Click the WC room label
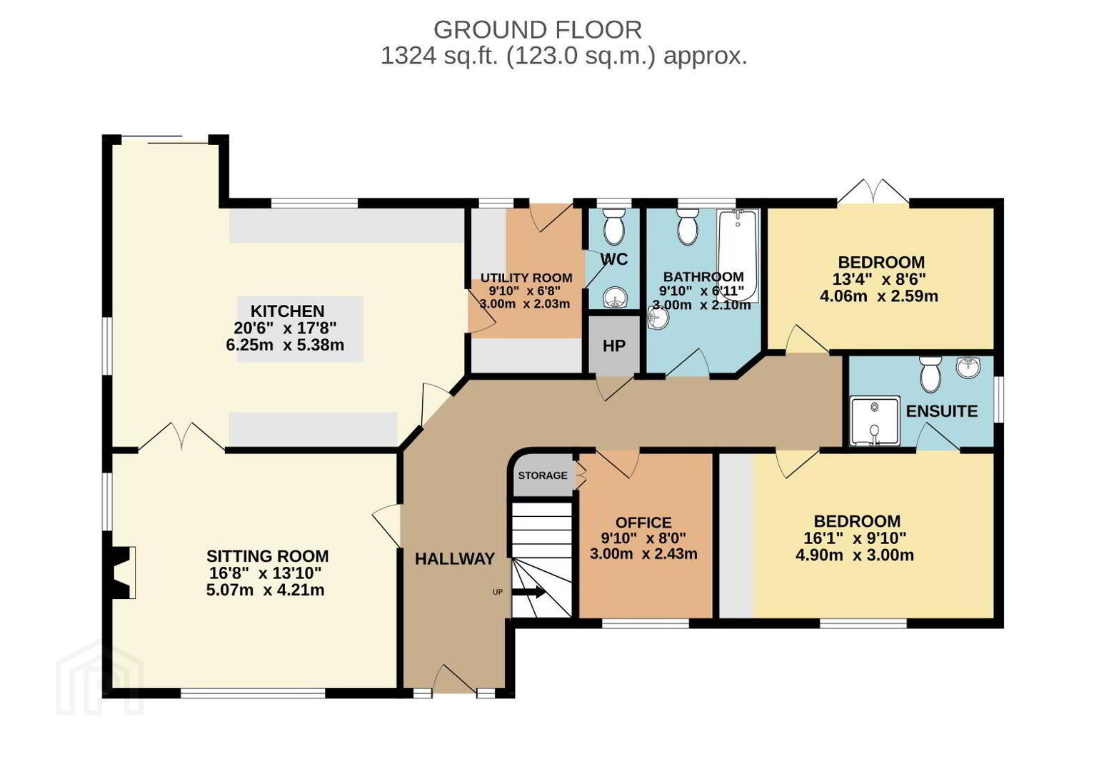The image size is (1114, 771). (x=614, y=259)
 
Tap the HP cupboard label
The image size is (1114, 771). (x=614, y=346)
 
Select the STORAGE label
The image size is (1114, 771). (x=543, y=475)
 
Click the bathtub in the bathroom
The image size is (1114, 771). (x=738, y=256)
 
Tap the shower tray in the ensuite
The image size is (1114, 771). (x=875, y=420)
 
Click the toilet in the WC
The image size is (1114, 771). (x=614, y=227)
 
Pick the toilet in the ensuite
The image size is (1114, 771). (x=930, y=374)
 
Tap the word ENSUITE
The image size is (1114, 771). (x=941, y=412)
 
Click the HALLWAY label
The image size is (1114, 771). (x=455, y=559)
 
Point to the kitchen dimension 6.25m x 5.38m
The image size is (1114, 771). (x=285, y=345)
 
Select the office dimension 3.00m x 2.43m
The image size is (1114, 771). (x=643, y=554)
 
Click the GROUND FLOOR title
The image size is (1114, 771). (x=538, y=30)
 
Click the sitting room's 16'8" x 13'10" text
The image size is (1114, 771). (x=265, y=573)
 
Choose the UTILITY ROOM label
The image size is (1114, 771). (x=526, y=278)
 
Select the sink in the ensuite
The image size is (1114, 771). (x=968, y=368)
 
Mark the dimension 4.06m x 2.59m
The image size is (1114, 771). (x=879, y=296)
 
